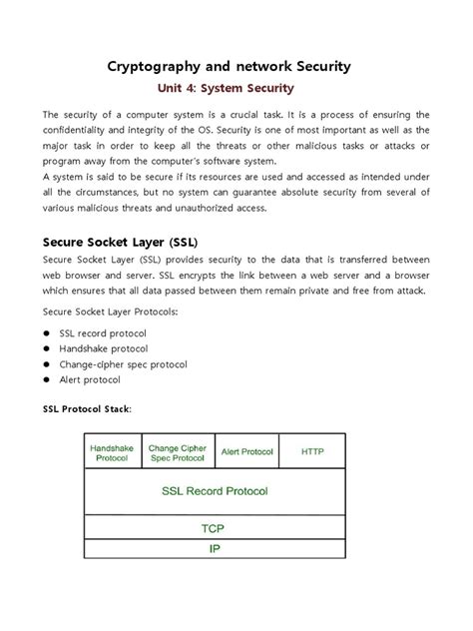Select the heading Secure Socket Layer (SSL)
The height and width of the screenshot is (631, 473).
(120, 242)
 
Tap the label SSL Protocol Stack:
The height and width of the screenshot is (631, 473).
(87, 409)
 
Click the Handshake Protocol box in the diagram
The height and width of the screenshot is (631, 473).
(113, 451)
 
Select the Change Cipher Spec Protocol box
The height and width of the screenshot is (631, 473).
(177, 451)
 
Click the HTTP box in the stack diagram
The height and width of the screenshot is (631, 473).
(312, 451)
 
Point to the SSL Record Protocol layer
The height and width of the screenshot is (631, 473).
(214, 491)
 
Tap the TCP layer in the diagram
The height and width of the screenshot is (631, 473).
(214, 528)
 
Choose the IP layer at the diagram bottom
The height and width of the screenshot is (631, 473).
(214, 548)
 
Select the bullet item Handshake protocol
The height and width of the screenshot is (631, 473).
(104, 347)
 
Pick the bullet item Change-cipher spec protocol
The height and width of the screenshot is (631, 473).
(123, 363)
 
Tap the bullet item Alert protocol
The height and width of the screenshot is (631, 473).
(90, 379)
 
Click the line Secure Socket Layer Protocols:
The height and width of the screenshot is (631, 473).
(103, 312)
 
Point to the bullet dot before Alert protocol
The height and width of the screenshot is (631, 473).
(46, 379)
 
